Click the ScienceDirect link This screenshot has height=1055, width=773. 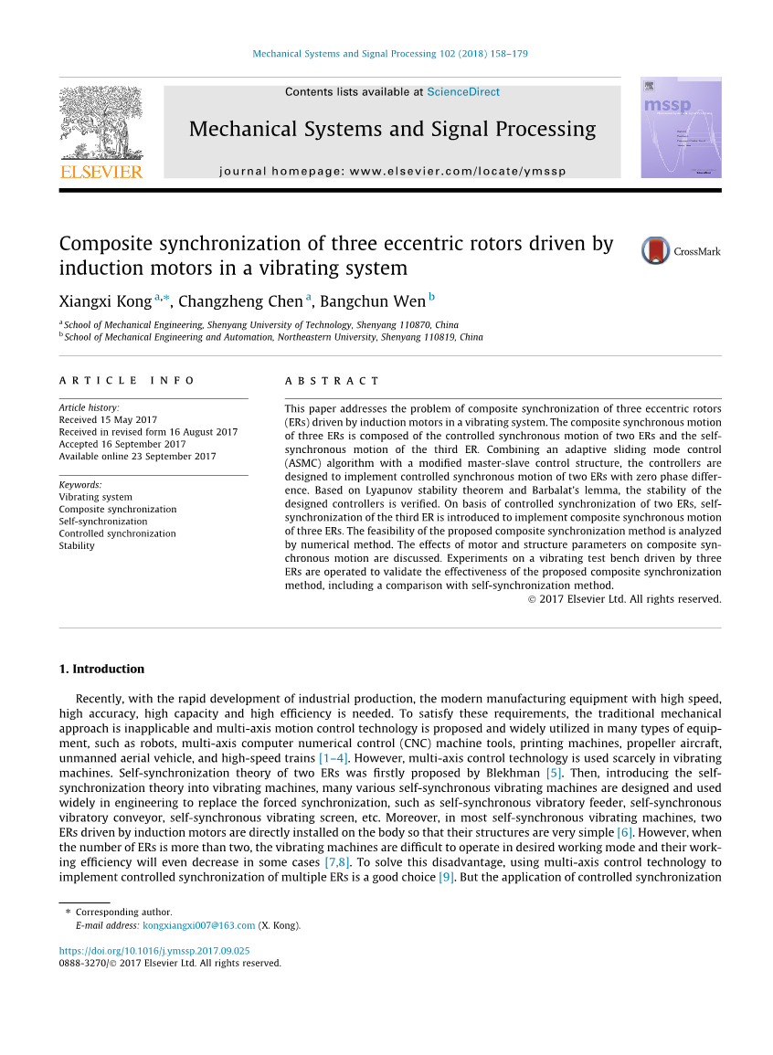[463, 92]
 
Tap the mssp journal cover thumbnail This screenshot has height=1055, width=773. [681, 127]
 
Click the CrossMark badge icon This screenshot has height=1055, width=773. [656, 250]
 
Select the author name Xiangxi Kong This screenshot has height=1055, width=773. [105, 301]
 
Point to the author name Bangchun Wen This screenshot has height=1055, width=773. [372, 301]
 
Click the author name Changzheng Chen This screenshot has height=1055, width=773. [239, 301]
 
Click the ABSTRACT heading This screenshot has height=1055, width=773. [332, 381]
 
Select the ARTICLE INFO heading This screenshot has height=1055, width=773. [127, 381]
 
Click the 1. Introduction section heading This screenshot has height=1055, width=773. [101, 669]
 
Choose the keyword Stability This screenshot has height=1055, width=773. [77, 545]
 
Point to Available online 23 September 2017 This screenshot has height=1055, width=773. [137, 456]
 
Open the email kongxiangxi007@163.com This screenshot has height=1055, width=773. [199, 925]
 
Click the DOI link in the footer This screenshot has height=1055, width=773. [154, 951]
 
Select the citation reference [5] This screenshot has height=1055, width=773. [554, 773]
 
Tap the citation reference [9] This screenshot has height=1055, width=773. [446, 877]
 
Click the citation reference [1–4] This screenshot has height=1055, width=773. [333, 757]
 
